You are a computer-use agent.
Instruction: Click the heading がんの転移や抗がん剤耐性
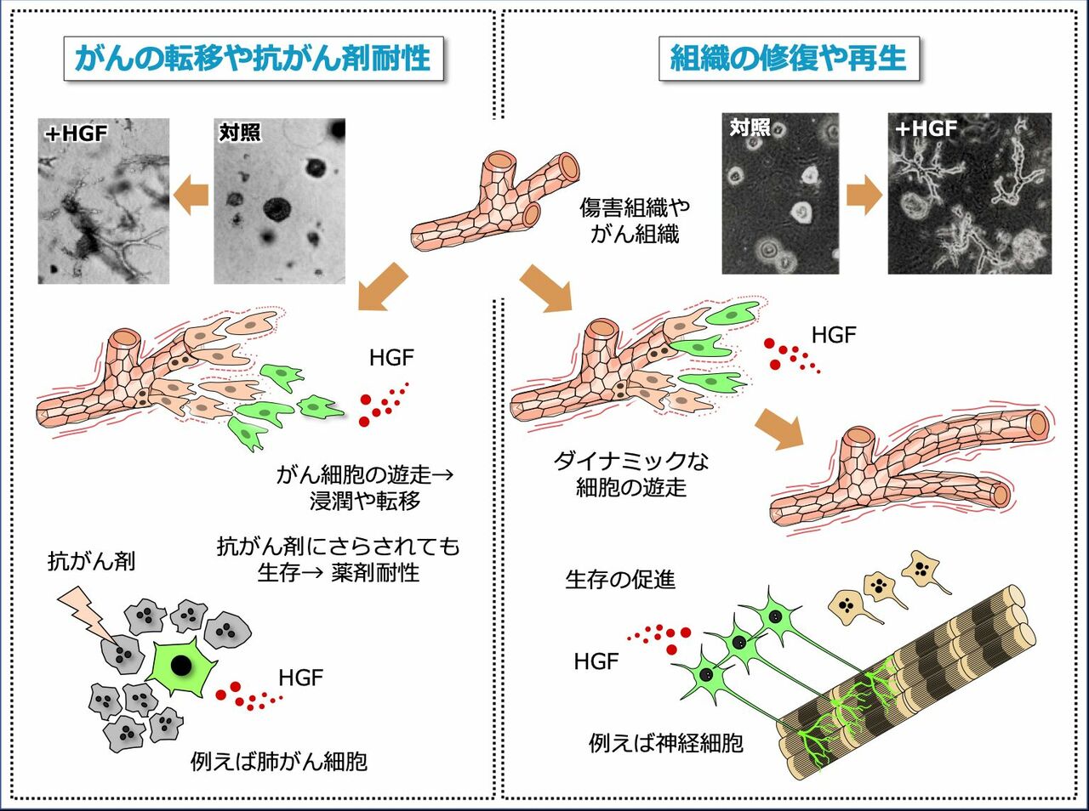click(253, 59)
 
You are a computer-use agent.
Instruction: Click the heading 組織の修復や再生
click(789, 59)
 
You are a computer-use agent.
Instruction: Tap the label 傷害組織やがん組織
click(635, 220)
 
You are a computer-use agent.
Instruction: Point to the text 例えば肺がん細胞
click(279, 760)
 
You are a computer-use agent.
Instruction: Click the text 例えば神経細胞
click(665, 743)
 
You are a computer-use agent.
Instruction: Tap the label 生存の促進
click(620, 580)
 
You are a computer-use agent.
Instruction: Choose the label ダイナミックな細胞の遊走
click(631, 474)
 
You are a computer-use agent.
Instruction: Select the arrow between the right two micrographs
click(864, 195)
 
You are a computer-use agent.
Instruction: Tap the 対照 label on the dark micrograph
click(750, 128)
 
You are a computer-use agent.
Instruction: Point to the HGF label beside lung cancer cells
click(300, 678)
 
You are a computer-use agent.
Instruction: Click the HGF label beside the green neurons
click(596, 661)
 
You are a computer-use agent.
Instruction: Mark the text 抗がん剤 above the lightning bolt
click(91, 561)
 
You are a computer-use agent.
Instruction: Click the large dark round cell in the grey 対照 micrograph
click(277, 207)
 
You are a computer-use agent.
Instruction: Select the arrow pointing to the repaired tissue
click(779, 427)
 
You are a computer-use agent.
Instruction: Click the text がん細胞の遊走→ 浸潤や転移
click(364, 487)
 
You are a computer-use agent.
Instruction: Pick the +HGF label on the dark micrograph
click(927, 129)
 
